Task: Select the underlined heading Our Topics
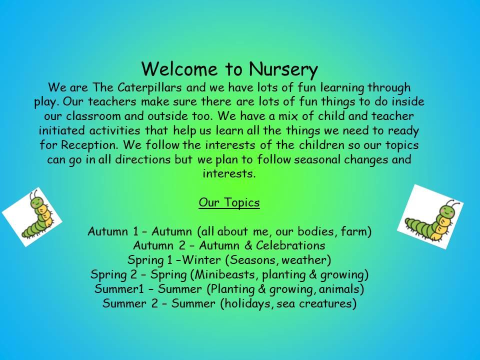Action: click(x=229, y=202)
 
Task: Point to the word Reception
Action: click(x=89, y=145)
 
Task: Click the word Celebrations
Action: click(x=290, y=245)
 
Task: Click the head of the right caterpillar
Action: click(x=447, y=211)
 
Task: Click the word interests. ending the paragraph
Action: click(x=229, y=174)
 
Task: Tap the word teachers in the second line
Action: click(x=111, y=101)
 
